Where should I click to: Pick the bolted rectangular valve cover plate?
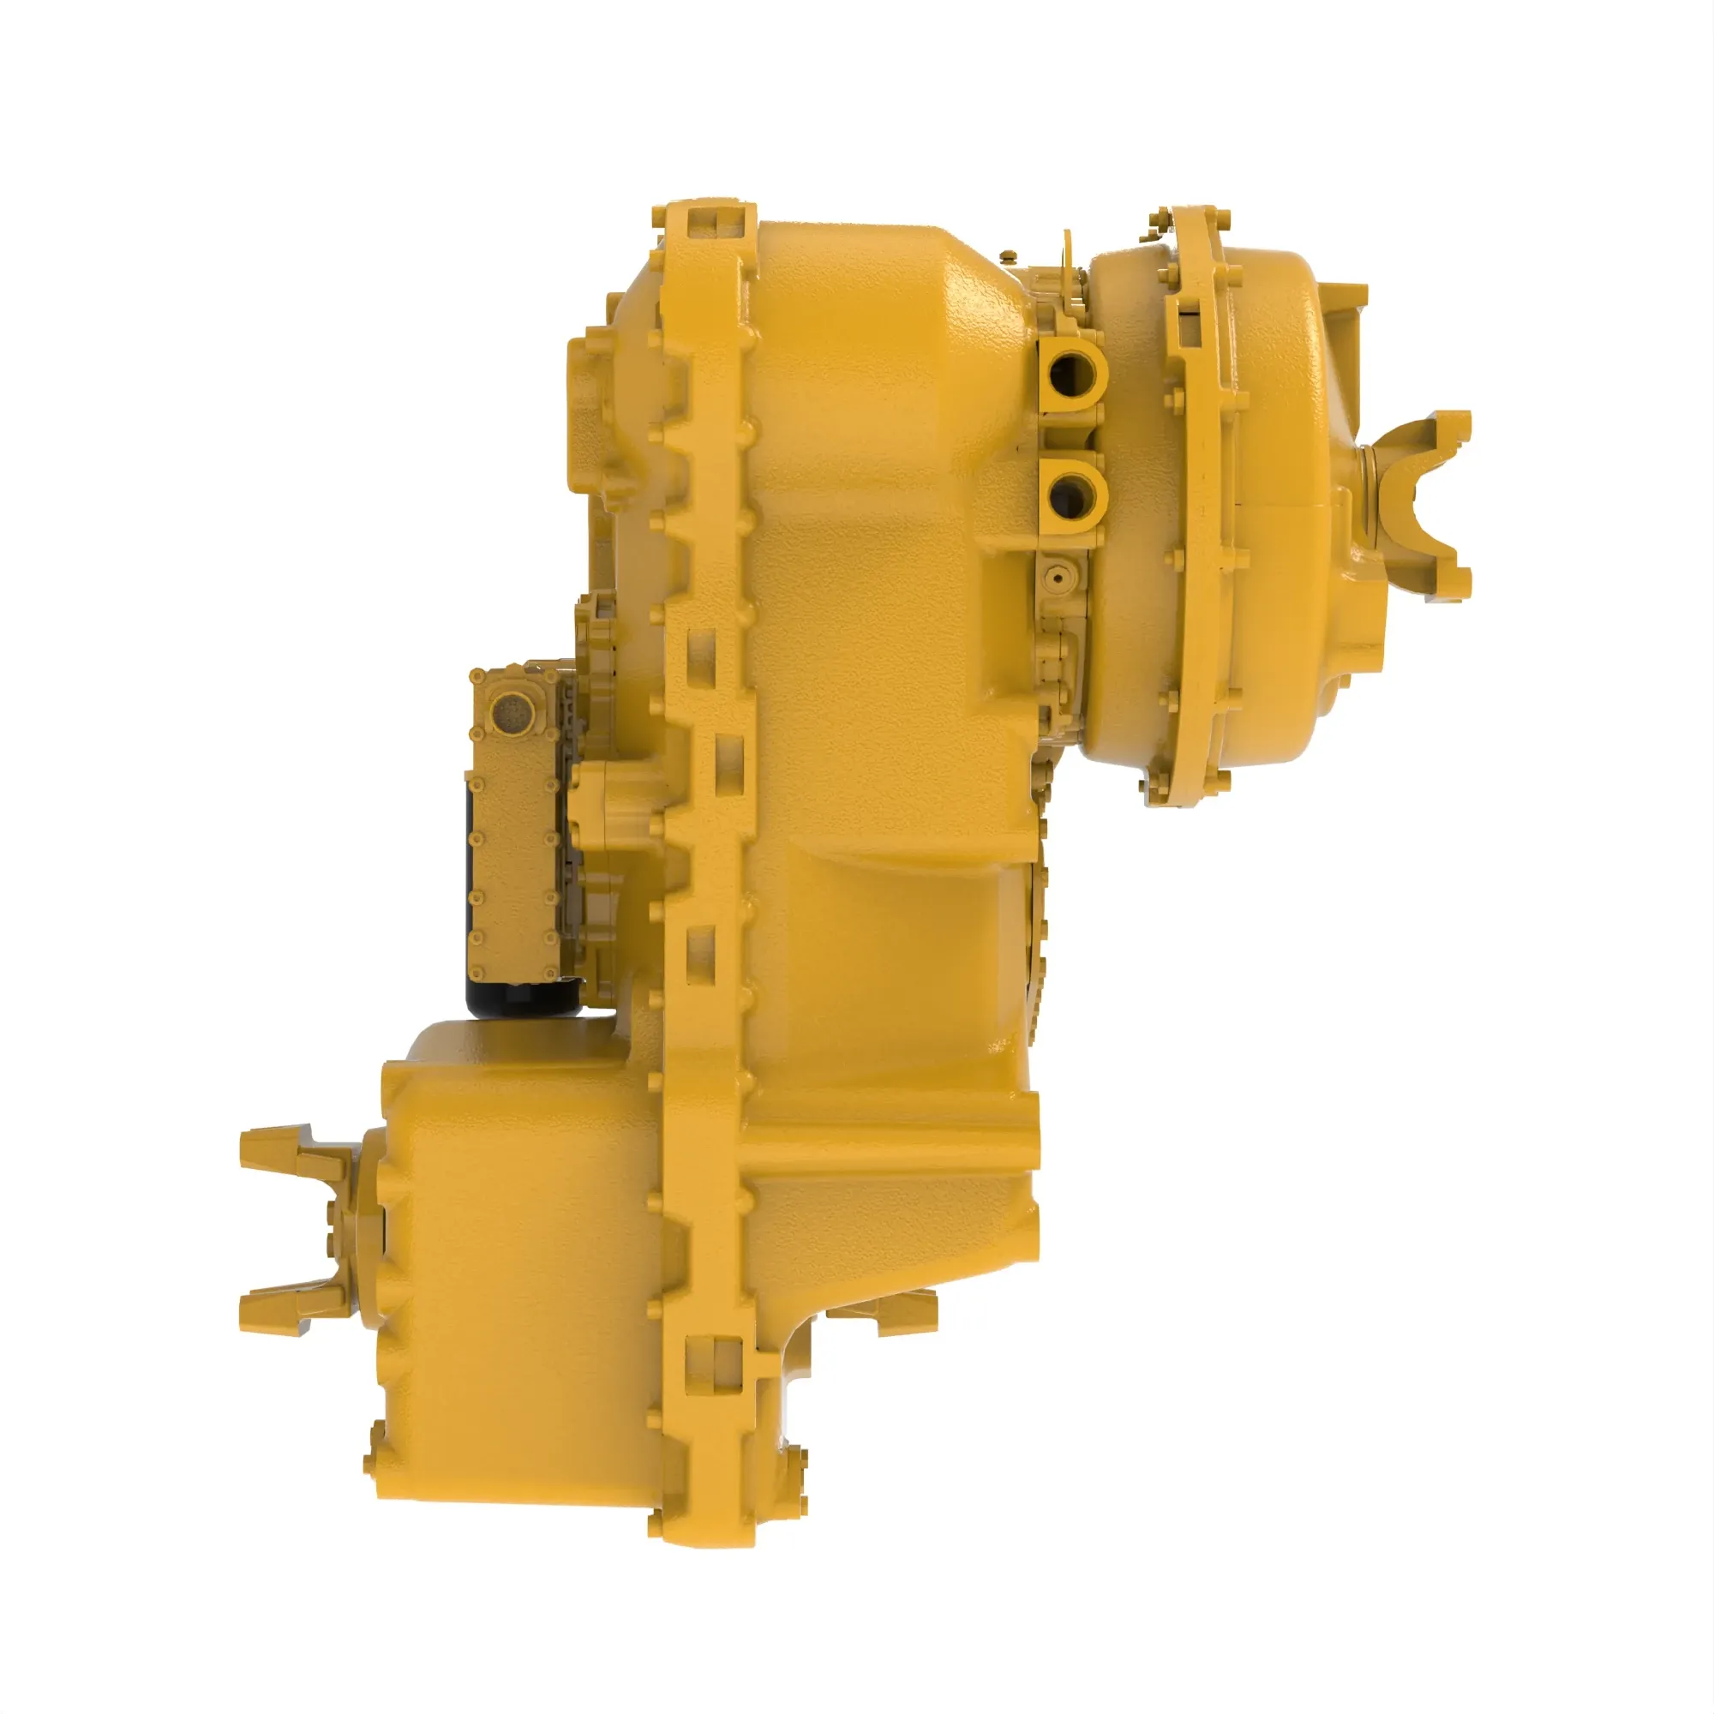(x=514, y=825)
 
